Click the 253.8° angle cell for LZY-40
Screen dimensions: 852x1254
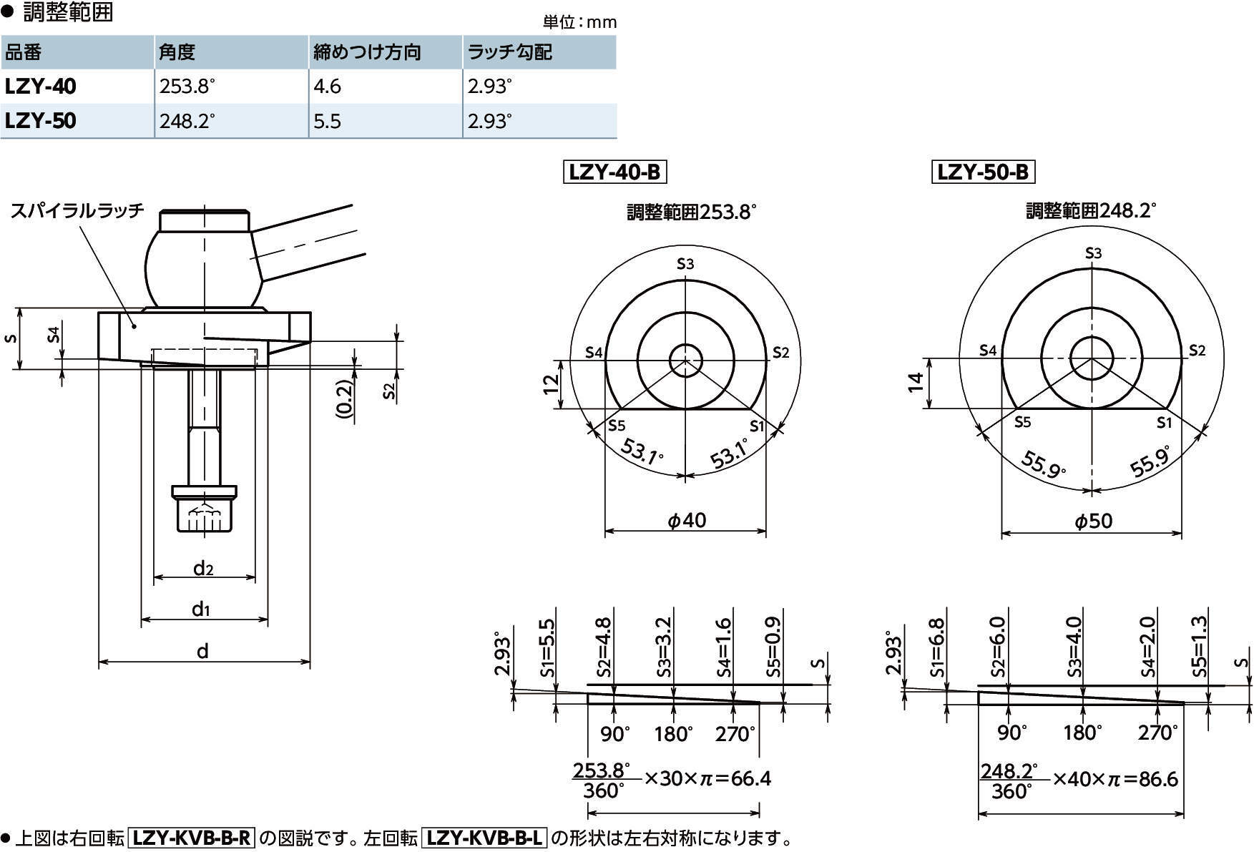click(187, 87)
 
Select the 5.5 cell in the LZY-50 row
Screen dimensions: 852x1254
click(327, 121)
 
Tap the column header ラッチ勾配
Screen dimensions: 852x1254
click(509, 52)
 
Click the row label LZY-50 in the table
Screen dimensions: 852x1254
click(40, 121)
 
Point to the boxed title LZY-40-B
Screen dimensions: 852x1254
click(615, 172)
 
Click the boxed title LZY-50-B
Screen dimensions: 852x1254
click(983, 172)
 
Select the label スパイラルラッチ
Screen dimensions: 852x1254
click(77, 210)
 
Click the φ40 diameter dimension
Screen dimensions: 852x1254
click(687, 520)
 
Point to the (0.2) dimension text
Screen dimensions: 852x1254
click(344, 399)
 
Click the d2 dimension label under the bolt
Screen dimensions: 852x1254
click(203, 568)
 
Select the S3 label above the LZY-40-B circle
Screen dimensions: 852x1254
click(685, 264)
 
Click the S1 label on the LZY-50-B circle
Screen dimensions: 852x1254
click(1165, 423)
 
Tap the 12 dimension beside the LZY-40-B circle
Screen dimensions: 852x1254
click(551, 384)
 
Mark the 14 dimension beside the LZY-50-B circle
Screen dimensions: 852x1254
click(916, 382)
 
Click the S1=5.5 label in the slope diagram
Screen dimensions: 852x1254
click(547, 647)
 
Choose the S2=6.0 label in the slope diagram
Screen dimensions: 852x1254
click(998, 647)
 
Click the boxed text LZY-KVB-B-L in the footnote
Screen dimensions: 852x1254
click(484, 838)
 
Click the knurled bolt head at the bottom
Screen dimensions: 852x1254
click(205, 514)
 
